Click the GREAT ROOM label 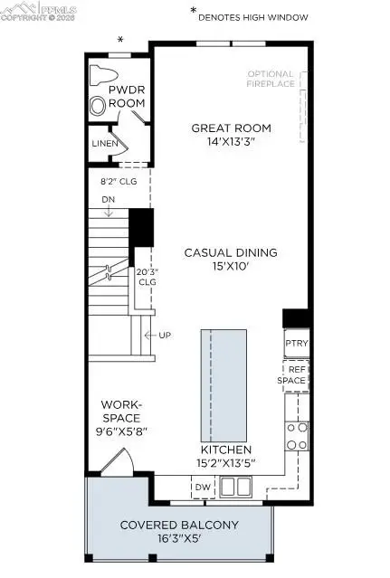(x=231, y=128)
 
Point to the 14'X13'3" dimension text (x=231, y=142)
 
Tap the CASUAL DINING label (x=231, y=252)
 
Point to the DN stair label (x=108, y=199)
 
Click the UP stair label (x=165, y=336)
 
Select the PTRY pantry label (x=297, y=344)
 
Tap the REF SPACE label (x=297, y=374)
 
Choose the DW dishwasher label (x=202, y=488)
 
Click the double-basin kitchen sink (x=236, y=487)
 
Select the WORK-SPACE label (x=119, y=418)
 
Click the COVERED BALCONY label (x=179, y=525)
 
